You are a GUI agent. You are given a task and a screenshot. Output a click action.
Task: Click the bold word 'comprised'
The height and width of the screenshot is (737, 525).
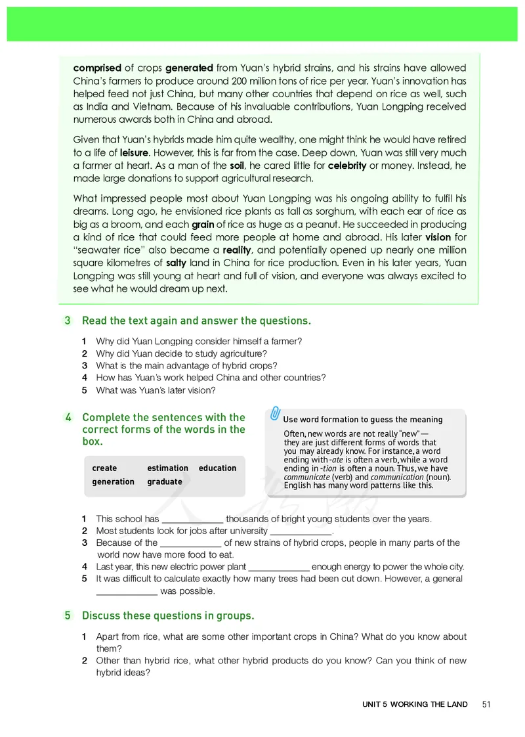point(97,68)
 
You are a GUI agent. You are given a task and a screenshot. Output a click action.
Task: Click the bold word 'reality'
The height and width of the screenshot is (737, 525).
point(237,250)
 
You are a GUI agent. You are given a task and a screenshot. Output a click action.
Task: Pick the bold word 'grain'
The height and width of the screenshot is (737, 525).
point(203,224)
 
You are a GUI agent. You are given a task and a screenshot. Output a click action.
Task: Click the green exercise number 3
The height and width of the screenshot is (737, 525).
point(68,321)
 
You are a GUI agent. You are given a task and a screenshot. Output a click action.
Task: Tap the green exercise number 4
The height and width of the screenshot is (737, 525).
point(68,417)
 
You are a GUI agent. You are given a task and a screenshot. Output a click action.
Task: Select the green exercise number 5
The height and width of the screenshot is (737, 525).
point(68,615)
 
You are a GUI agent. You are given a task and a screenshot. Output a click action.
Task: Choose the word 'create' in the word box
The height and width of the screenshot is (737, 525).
point(104,468)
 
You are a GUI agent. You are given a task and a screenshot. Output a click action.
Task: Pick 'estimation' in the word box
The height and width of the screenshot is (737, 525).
point(167,468)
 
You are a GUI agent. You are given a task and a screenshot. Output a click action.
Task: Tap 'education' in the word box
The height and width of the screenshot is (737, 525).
point(217,468)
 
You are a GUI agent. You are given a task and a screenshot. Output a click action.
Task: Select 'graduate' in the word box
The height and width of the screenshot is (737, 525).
point(164,481)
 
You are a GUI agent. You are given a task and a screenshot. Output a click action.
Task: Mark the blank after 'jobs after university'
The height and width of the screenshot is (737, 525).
point(301,533)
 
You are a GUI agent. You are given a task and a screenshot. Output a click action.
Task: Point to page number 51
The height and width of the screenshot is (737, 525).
point(486,704)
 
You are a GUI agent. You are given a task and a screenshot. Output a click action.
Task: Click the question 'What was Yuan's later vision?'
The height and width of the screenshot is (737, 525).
point(156,390)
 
